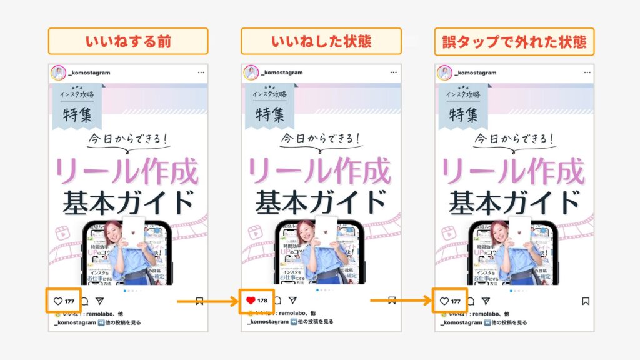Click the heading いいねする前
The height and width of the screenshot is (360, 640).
click(x=128, y=41)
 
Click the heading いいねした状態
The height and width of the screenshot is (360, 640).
click(x=321, y=41)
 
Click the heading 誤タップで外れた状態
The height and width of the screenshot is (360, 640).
click(x=514, y=41)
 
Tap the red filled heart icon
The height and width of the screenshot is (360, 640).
click(x=251, y=301)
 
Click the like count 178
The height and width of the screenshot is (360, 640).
click(x=262, y=301)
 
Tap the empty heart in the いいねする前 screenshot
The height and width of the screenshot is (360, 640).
click(x=58, y=301)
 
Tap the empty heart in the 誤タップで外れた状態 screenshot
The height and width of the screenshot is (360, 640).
click(x=444, y=301)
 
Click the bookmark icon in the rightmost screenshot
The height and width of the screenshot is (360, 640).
click(x=586, y=301)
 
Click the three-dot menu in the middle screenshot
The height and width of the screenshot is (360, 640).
click(x=394, y=72)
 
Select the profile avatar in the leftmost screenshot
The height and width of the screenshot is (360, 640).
click(x=57, y=72)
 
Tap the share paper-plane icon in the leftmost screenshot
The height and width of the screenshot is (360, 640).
click(x=99, y=301)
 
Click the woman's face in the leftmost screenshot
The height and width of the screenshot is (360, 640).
click(x=113, y=232)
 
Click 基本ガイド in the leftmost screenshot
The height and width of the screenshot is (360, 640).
click(x=128, y=202)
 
